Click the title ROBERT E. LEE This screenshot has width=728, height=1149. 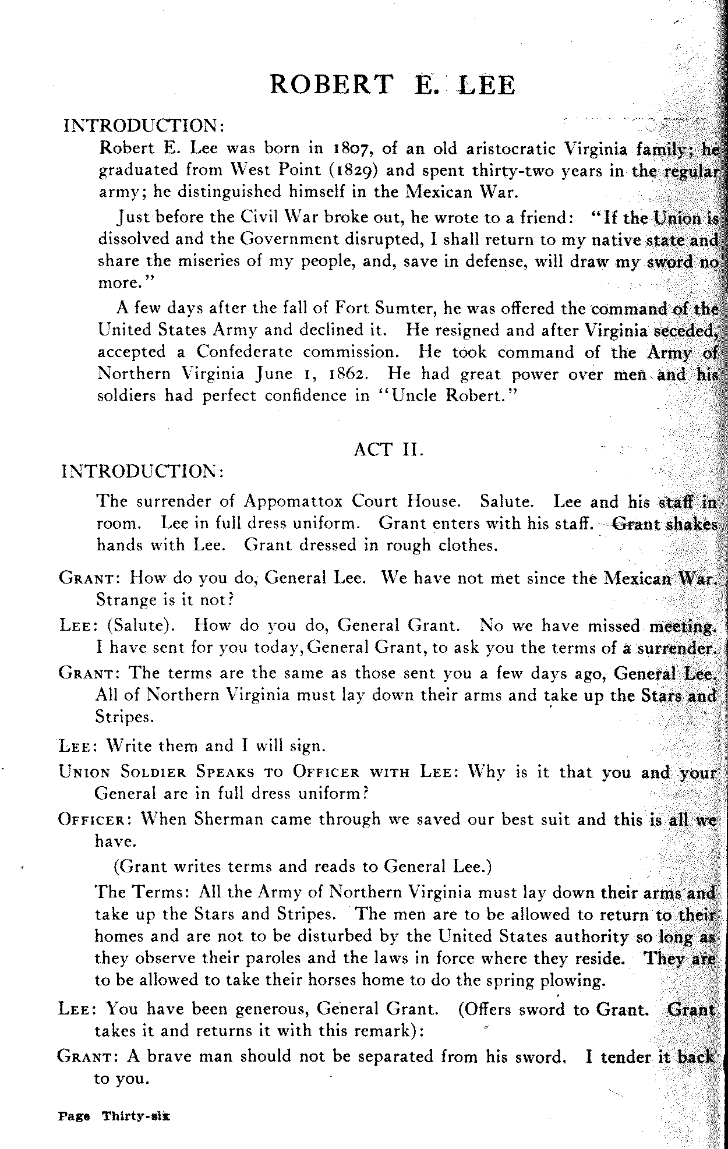click(x=393, y=85)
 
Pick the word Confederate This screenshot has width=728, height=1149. click(x=245, y=352)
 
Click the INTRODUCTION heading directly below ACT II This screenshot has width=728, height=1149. click(x=142, y=471)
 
